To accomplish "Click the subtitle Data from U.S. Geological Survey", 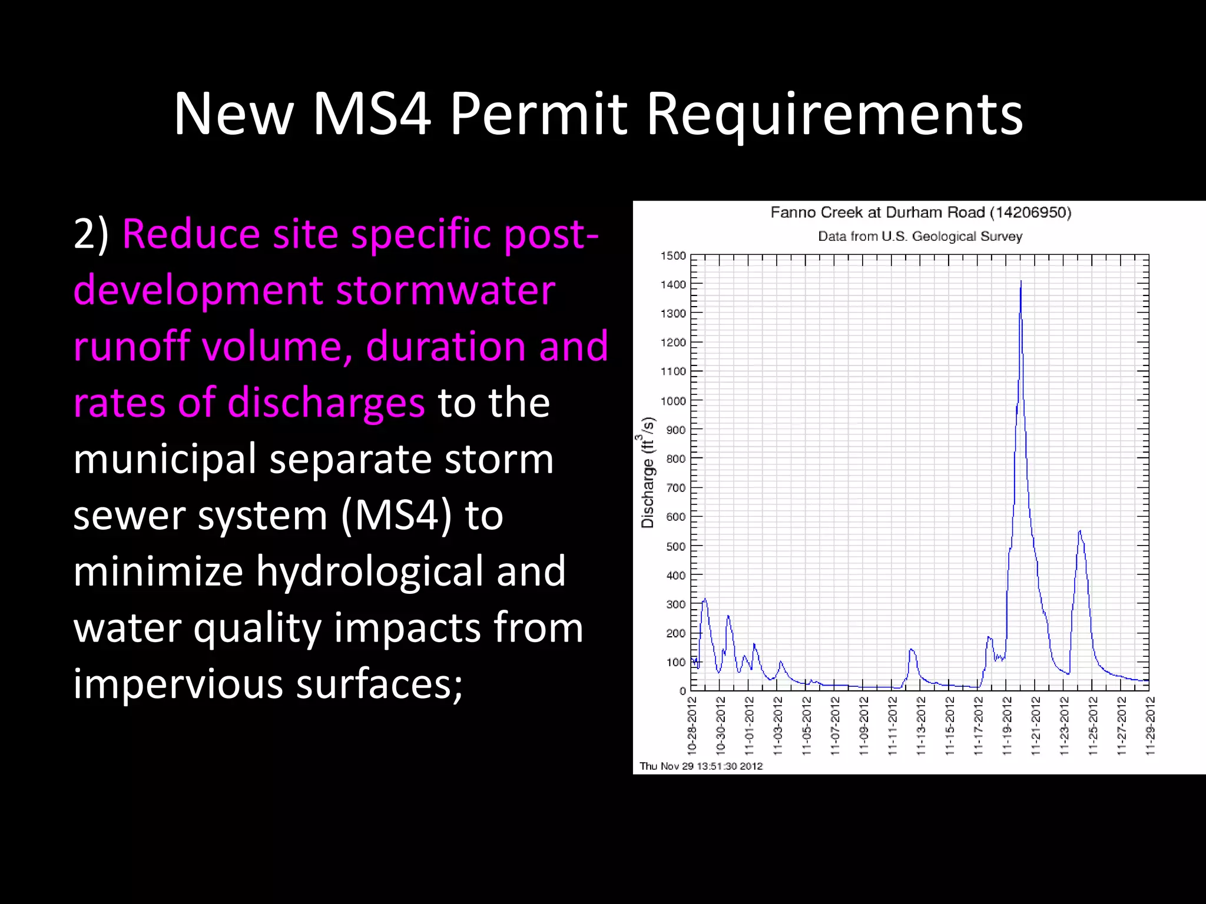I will (x=920, y=237).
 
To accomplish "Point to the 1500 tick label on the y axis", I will (x=673, y=256).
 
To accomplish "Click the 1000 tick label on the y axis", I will (x=673, y=401).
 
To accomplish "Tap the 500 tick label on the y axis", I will (x=676, y=546).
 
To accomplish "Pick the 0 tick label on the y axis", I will (x=682, y=691).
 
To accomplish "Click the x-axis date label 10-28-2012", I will (x=693, y=725).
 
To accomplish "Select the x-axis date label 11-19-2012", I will (x=1008, y=725).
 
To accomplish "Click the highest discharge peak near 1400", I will (x=1021, y=282).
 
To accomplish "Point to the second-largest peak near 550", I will (x=1079, y=531).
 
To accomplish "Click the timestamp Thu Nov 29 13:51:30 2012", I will (x=701, y=766).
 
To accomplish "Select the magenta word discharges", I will (x=326, y=403).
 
